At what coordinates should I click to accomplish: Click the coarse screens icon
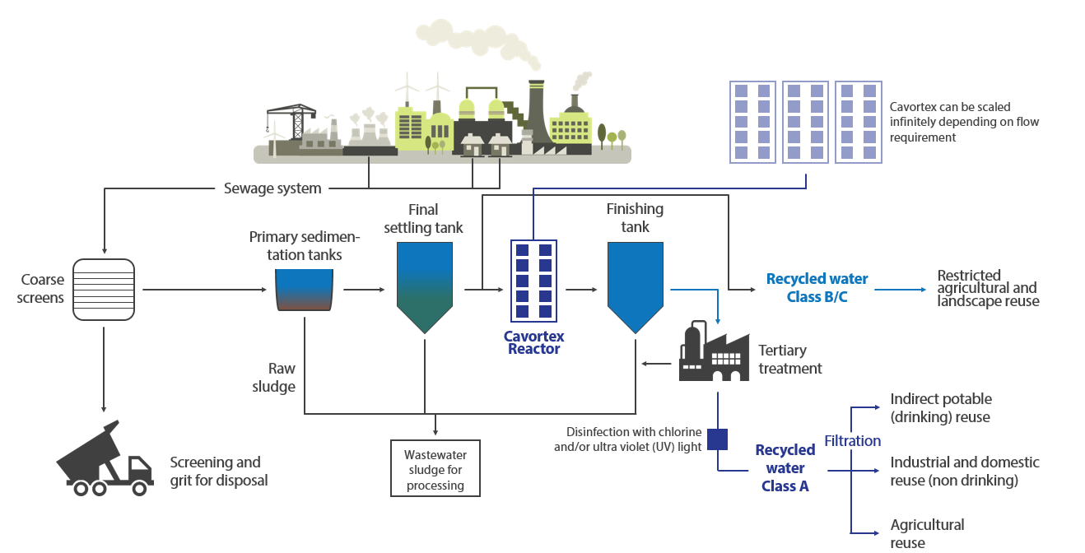tap(104, 288)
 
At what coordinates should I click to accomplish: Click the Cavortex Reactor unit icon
tap(533, 281)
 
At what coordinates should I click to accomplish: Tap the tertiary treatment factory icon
tap(713, 353)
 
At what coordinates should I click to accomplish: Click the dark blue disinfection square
tap(718, 439)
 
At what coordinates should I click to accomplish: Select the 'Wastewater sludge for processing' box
tap(435, 470)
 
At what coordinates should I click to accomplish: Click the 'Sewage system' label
tap(272, 188)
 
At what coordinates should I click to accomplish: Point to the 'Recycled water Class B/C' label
tap(817, 288)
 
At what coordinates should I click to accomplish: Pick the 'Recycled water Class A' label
tap(785, 467)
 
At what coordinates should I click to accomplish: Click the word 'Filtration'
tap(852, 441)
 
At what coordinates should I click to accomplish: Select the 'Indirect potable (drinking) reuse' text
tap(941, 408)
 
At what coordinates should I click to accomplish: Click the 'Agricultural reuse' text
tap(927, 533)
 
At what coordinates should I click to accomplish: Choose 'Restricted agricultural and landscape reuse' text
tap(988, 288)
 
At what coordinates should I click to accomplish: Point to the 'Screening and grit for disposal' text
tap(218, 471)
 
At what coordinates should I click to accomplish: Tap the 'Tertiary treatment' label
tap(789, 360)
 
